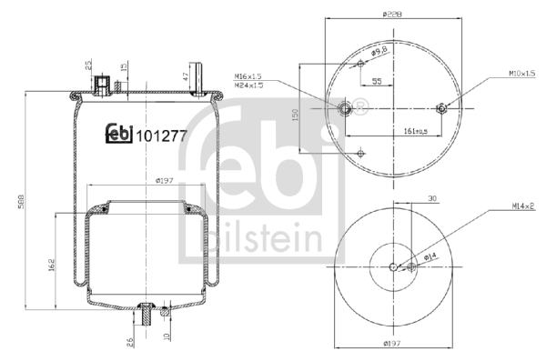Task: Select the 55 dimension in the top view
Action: point(376,82)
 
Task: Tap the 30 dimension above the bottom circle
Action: point(406,197)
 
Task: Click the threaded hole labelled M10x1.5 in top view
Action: point(441,109)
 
